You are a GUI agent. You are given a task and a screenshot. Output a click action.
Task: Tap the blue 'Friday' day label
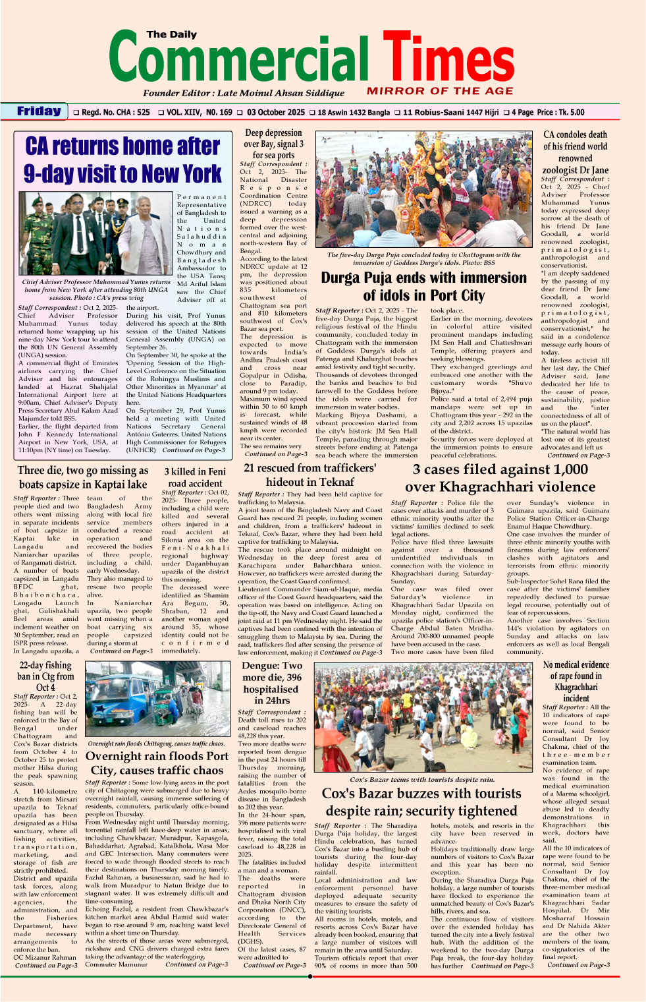[x=39, y=111]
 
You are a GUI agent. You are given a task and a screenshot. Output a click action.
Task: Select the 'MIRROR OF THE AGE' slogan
[x=440, y=91]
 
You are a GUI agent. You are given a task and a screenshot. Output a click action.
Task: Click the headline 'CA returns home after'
[x=122, y=146]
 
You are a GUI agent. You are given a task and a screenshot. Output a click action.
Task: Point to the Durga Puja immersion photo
[x=424, y=190]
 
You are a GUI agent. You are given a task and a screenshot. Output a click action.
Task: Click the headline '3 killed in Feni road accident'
[x=195, y=477]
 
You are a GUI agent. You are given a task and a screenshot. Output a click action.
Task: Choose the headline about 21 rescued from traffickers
[x=310, y=475]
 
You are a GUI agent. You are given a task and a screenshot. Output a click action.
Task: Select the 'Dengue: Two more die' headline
[x=272, y=683]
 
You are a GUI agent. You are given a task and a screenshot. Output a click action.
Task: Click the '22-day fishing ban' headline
[x=45, y=676]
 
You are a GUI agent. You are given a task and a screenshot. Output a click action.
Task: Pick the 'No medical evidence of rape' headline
[x=576, y=682]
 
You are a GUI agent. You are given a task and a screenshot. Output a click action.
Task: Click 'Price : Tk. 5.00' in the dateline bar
[x=560, y=113]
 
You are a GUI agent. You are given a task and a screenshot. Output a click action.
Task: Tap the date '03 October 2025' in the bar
[x=276, y=113]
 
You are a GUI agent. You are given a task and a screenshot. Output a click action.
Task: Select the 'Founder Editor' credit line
[x=244, y=93]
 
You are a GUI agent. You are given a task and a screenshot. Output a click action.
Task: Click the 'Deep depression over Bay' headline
[x=273, y=144]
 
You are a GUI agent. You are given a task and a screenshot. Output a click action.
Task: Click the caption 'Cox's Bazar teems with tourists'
[x=422, y=779]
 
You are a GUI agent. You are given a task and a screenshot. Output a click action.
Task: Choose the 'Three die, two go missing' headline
[x=82, y=477]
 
